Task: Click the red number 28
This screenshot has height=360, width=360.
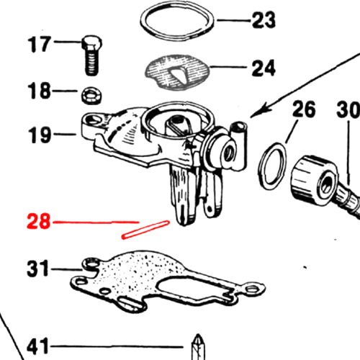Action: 38,221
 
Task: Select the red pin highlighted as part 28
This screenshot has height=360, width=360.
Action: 145,230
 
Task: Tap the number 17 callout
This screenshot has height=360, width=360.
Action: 39,44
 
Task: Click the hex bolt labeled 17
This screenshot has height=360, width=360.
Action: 91,55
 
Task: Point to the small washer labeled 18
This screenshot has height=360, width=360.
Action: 92,96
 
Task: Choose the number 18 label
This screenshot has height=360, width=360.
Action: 39,91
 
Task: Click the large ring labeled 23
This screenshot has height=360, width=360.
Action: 177,21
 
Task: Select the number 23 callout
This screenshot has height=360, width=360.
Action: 264,19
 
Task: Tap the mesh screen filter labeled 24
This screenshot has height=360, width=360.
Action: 178,72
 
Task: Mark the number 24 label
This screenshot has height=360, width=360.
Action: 264,68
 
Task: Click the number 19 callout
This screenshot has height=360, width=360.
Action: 40,135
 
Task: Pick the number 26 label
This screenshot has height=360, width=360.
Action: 304,109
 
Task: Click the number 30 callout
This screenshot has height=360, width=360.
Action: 348,109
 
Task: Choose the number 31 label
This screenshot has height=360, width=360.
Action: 38,268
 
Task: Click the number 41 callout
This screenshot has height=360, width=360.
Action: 37,346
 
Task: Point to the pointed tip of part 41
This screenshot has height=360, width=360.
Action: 198,335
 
